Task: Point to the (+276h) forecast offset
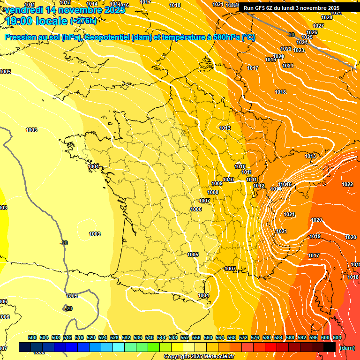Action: coord(83,21)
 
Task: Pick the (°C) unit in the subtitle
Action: coord(248,37)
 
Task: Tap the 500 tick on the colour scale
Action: coord(32,337)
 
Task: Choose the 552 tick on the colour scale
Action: coord(185,337)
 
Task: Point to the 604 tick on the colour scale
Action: coord(337,337)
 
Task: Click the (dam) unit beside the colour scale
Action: coord(347,347)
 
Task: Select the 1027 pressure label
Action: coord(318,26)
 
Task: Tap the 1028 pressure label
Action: coord(327,17)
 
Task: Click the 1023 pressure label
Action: coord(299,50)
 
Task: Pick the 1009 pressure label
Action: coord(217,183)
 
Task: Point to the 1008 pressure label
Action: coord(213,192)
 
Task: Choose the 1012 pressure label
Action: coord(259,186)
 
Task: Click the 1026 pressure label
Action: coord(312,32)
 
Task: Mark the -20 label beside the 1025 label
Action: coord(291,35)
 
